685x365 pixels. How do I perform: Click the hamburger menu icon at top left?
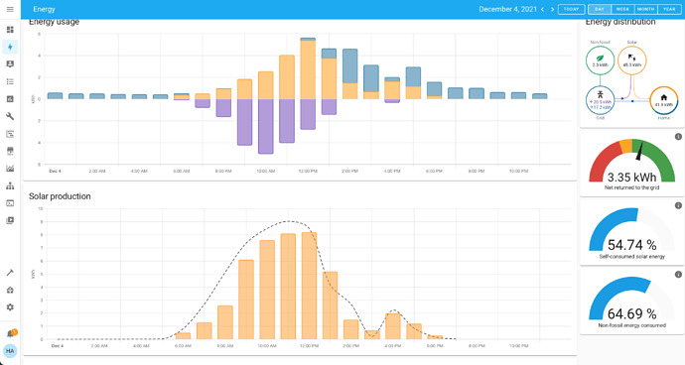point(10,9)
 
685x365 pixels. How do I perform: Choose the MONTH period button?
point(645,9)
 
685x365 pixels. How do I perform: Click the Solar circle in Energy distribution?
point(632,61)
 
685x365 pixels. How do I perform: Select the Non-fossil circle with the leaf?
point(601,61)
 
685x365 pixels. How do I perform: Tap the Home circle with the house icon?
point(663,101)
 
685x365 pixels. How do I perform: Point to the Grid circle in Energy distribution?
point(601,101)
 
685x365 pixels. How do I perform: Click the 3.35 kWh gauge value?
point(631,177)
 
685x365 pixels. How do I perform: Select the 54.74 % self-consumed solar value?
point(631,245)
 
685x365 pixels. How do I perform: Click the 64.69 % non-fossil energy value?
point(631,313)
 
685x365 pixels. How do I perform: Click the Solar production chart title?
point(60,196)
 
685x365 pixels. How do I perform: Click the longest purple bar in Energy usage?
point(266,126)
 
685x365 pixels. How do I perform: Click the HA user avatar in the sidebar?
point(10,351)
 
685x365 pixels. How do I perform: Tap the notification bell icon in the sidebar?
point(10,333)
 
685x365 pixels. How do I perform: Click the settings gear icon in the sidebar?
point(10,307)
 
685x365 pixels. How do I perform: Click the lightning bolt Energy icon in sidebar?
point(10,47)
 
